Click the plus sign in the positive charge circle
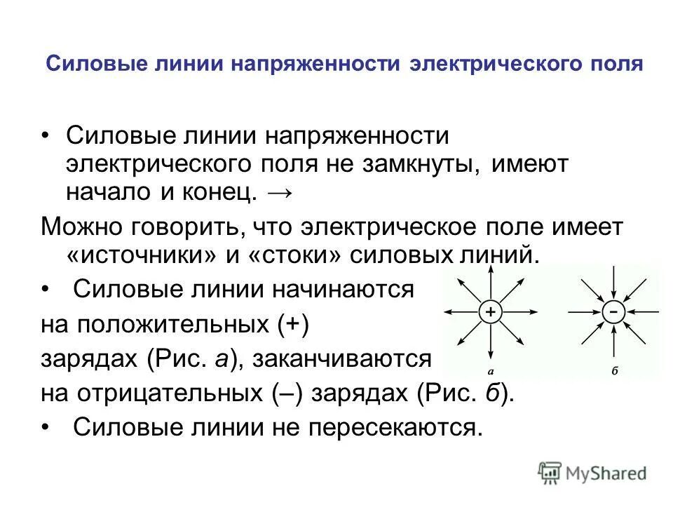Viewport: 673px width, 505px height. coord(491,311)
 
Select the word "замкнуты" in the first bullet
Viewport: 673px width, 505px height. coord(419,164)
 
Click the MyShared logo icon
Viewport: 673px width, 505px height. coord(550,473)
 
